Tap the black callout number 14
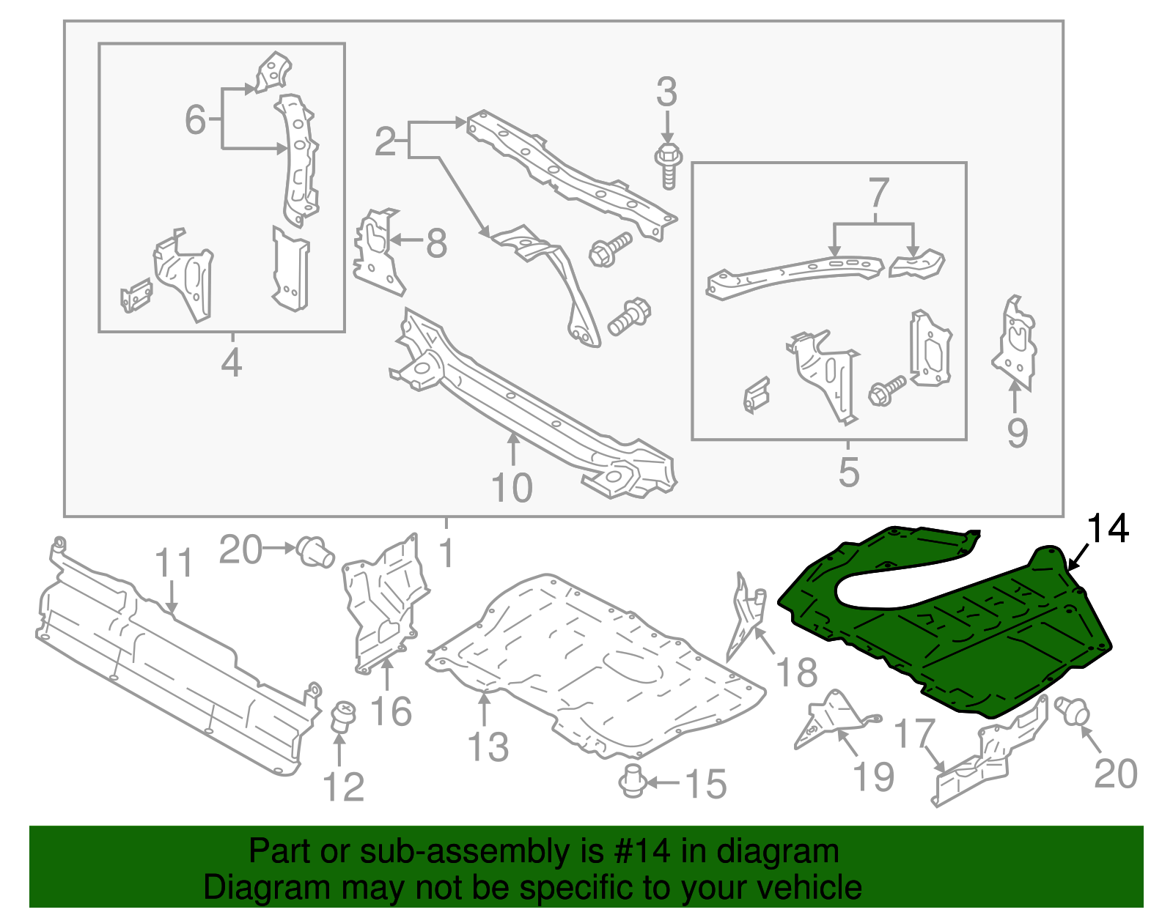pos(1107,528)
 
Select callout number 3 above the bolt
pos(666,93)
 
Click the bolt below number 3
pos(668,165)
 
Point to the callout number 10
pos(511,488)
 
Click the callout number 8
pos(436,243)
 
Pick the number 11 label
pos(174,563)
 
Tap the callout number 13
pos(488,747)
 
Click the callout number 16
pos(391,711)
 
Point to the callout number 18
pos(796,672)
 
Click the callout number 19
pos(874,777)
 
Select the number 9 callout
pos(1017,433)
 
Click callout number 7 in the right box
pos(878,193)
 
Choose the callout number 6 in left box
pos(195,119)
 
